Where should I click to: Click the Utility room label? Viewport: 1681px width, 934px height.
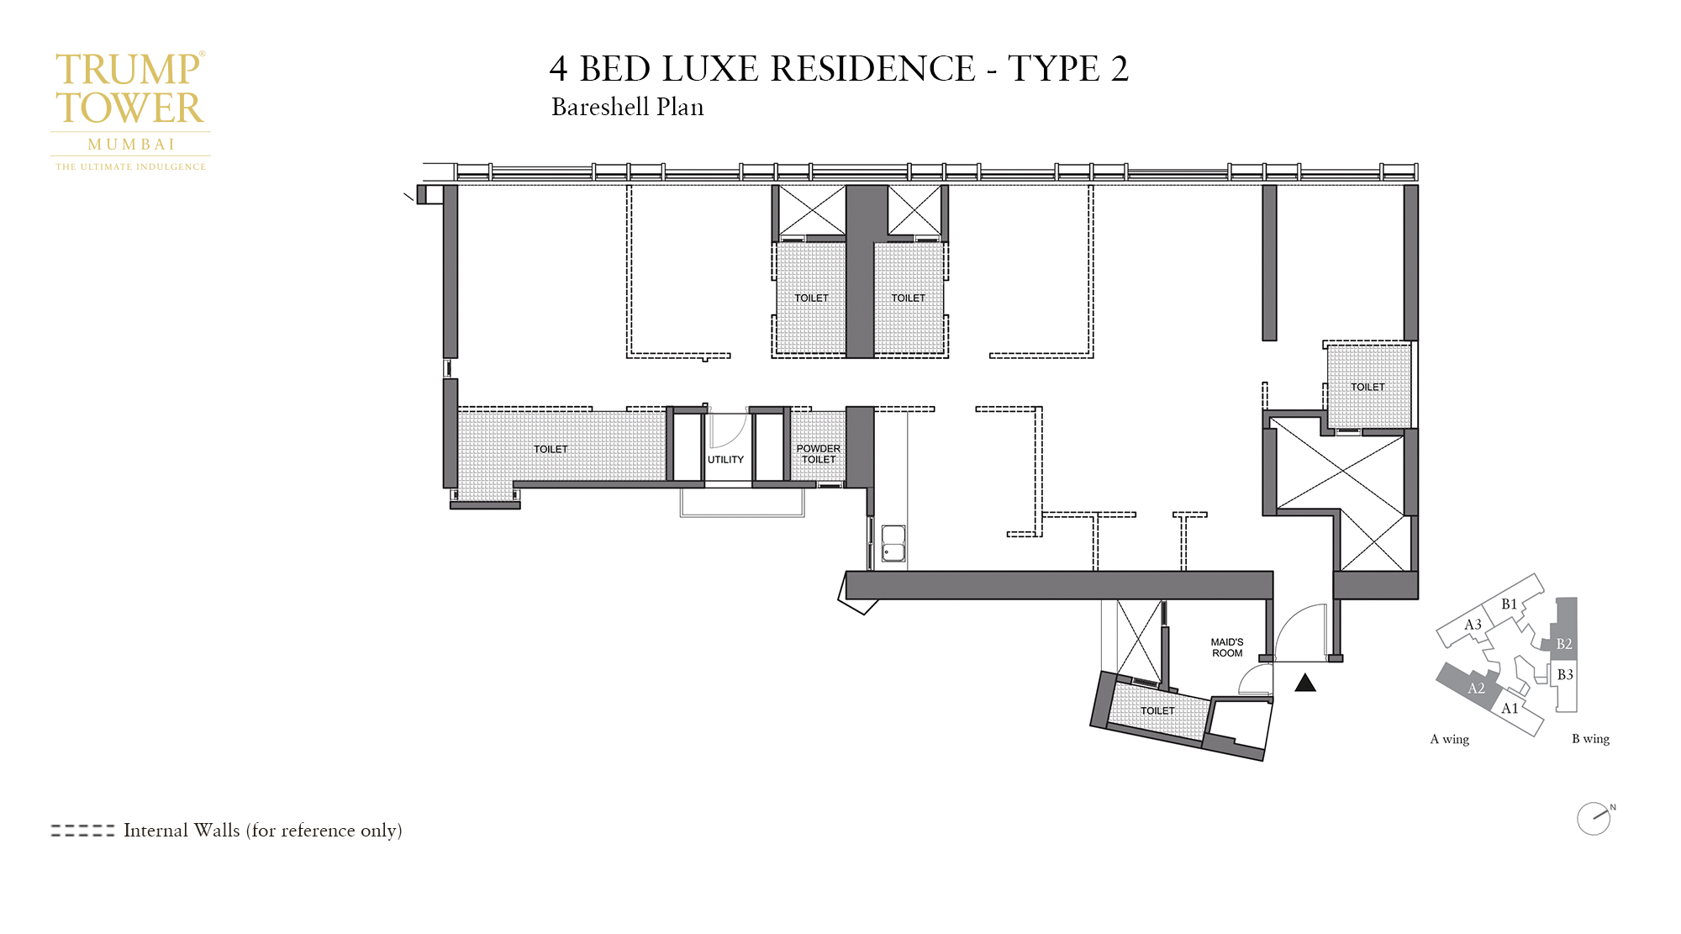(725, 460)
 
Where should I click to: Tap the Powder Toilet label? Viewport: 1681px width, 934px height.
(819, 454)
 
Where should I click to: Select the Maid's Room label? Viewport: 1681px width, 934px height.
(1227, 647)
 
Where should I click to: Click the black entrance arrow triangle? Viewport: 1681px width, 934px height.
(1305, 683)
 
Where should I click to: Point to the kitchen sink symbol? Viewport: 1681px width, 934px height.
(893, 543)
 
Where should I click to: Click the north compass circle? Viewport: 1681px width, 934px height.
(1594, 819)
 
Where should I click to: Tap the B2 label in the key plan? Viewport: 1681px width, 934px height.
(1564, 644)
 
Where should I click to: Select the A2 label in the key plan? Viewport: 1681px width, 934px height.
(1476, 689)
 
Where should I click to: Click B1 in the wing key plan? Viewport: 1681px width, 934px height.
(1510, 604)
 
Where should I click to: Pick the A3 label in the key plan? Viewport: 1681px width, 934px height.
(1473, 625)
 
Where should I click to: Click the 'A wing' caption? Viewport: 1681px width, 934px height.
(1450, 739)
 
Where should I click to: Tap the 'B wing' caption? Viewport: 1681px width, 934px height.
(1591, 739)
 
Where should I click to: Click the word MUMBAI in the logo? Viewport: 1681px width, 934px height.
(131, 145)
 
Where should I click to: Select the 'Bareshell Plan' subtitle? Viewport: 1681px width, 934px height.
(628, 108)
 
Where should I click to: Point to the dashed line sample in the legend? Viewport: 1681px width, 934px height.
(82, 831)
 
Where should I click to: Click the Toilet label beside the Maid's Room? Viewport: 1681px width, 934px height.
(1157, 711)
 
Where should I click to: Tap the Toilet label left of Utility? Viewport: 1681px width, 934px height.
(551, 450)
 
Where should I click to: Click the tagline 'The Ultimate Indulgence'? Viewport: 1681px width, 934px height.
(131, 167)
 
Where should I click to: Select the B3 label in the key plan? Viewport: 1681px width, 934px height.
(1565, 675)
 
